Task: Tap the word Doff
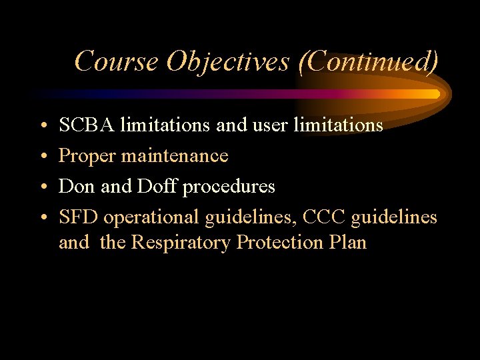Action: pyautogui.click(x=157, y=187)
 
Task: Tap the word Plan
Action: pyautogui.click(x=348, y=242)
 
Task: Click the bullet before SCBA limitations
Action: pyautogui.click(x=42, y=125)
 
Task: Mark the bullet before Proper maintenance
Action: pyautogui.click(x=42, y=157)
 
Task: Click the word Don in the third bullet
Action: pyautogui.click(x=75, y=187)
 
